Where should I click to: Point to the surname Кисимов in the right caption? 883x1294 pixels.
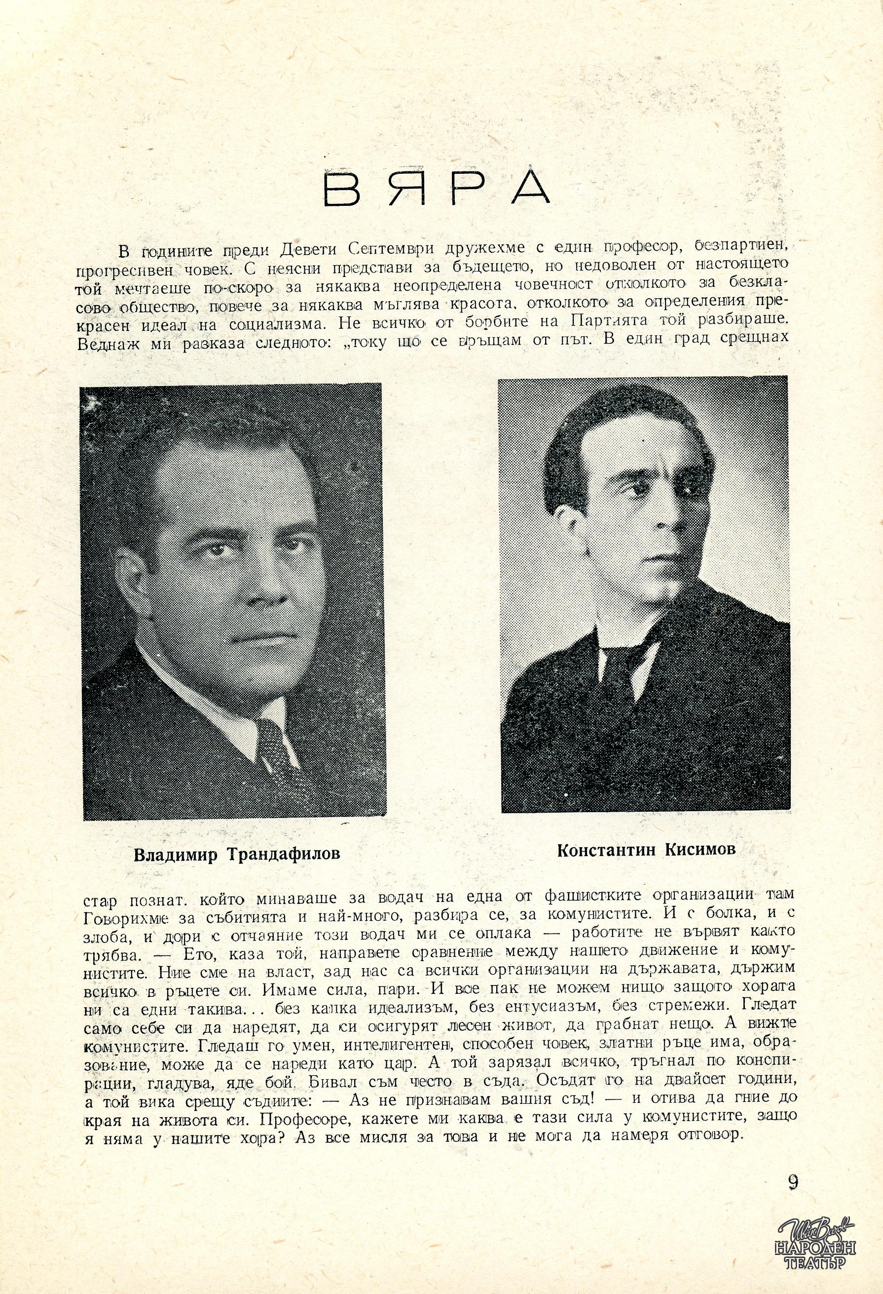699,865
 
